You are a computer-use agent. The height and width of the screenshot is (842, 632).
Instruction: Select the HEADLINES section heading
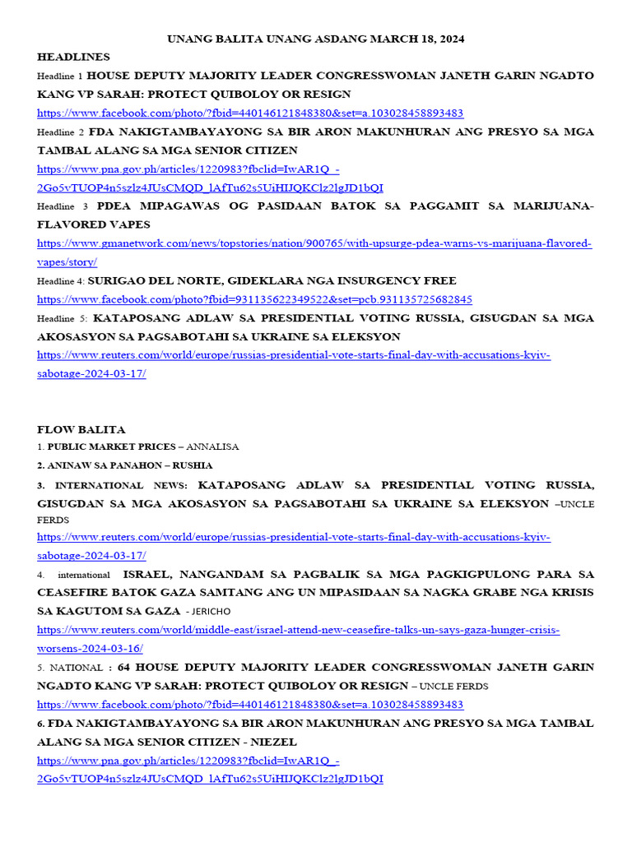click(73, 57)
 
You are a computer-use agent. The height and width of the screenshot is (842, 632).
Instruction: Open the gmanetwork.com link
click(315, 243)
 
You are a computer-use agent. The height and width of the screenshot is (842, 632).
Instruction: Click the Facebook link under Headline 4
click(254, 299)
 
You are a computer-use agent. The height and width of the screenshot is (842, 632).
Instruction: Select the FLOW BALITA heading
click(81, 429)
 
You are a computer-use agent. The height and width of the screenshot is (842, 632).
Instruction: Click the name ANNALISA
click(212, 447)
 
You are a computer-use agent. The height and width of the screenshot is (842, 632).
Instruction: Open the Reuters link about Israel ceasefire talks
click(298, 630)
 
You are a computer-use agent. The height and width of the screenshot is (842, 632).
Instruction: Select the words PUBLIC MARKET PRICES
click(111, 447)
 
